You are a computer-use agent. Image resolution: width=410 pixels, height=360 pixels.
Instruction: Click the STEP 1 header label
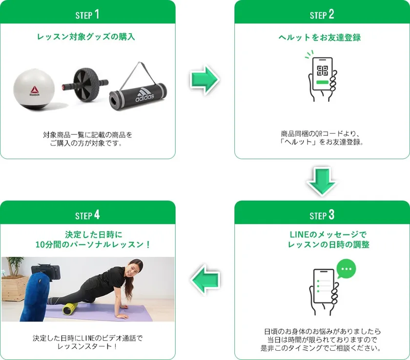click(x=87, y=14)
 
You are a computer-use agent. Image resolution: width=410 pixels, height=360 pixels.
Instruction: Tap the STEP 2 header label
click(x=322, y=14)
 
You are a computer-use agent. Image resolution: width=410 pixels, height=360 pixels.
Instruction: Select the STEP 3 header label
click(x=322, y=215)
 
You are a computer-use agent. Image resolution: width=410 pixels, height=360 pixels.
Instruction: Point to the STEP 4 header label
click(x=87, y=215)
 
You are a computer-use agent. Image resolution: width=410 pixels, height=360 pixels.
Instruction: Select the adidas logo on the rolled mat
click(x=144, y=95)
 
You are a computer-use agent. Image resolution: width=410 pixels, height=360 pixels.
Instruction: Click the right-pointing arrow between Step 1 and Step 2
click(x=205, y=80)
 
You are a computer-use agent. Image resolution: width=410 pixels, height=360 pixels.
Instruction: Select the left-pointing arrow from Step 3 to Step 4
click(x=205, y=280)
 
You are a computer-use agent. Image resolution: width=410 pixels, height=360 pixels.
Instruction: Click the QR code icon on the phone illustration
click(x=323, y=70)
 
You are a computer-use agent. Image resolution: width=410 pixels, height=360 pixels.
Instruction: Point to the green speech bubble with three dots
click(x=346, y=269)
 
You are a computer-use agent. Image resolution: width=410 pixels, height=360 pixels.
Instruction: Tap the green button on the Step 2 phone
click(x=322, y=82)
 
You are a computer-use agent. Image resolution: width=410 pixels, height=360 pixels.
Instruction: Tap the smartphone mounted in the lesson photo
click(x=46, y=273)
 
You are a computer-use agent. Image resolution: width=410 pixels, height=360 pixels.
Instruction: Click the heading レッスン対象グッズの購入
click(x=86, y=37)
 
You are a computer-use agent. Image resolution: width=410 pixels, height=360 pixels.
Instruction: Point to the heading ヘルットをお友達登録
click(x=320, y=38)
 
